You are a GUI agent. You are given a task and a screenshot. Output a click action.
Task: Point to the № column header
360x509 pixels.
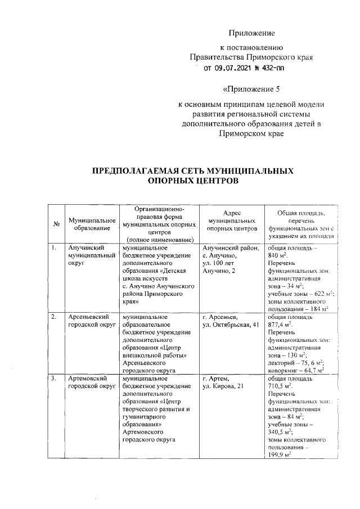click(56, 225)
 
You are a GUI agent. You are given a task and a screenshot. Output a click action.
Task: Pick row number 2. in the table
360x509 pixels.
click(53, 317)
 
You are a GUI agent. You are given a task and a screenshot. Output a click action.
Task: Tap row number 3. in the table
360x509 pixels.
click(53, 379)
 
